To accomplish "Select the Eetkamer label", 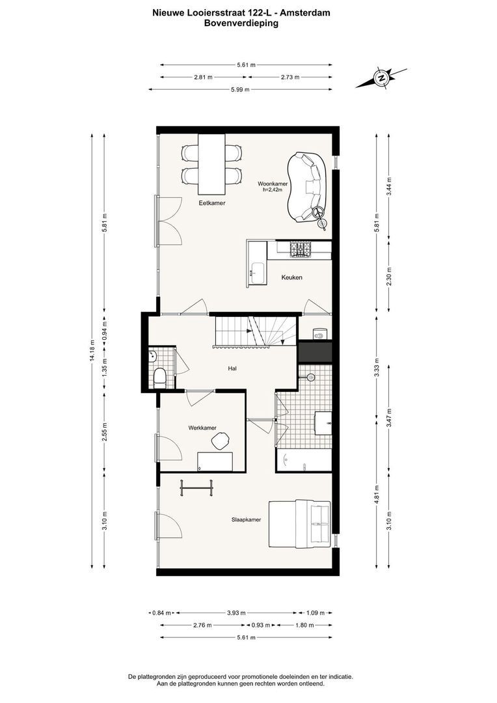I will coord(212,203).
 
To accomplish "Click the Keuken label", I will coord(291,278).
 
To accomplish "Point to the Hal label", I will coord(232,368).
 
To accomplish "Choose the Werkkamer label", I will coord(202,428).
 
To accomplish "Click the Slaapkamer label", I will coord(247,519).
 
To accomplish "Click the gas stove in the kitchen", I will coord(301,248).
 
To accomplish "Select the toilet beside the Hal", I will coord(160,377).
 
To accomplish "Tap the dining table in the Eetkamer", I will coord(212,165).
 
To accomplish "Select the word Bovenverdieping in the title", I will coord(241,23).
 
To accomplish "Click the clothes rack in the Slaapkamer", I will coord(196,488).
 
